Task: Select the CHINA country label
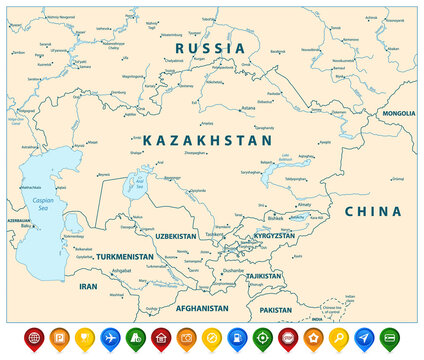coord(373,212)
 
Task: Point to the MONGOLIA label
coord(398,114)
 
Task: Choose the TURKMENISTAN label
coord(125,257)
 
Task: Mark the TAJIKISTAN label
coord(263,276)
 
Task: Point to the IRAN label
coord(88,286)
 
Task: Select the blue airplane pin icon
coord(110,338)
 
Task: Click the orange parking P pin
coord(59,338)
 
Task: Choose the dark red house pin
coord(161,338)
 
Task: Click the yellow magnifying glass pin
coord(340,338)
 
